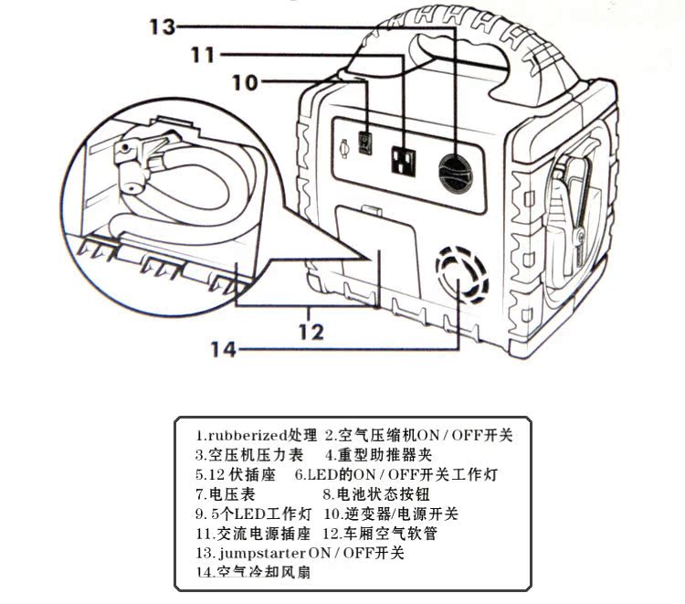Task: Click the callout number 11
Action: pyautogui.click(x=205, y=55)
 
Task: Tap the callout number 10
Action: pyautogui.click(x=245, y=82)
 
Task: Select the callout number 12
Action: pyautogui.click(x=311, y=331)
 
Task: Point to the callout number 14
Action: pyautogui.click(x=225, y=349)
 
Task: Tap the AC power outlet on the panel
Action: pyautogui.click(x=404, y=161)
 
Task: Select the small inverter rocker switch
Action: pyautogui.click(x=366, y=144)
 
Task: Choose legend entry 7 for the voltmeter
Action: pyautogui.click(x=223, y=494)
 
